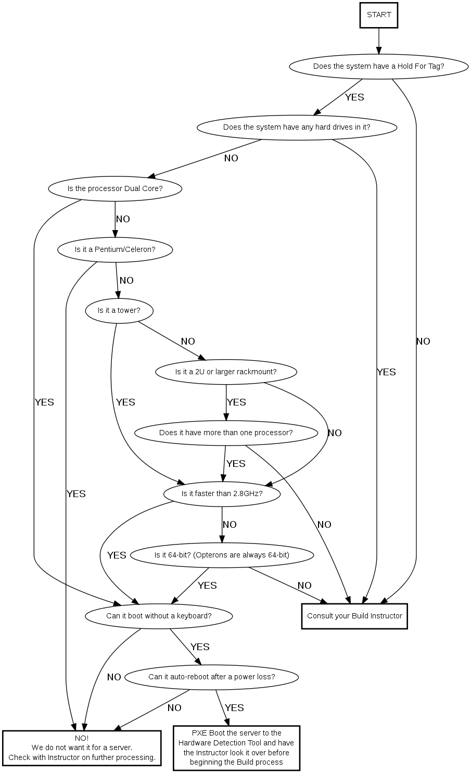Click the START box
coord(379,15)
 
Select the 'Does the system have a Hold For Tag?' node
coord(378,66)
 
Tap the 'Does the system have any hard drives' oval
coord(297,127)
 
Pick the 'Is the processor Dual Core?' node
coord(115,188)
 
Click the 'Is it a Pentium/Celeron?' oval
coord(115,249)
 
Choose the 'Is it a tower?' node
coord(119,311)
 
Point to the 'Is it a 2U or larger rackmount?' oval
coord(226,372)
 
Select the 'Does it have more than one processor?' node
coord(226,433)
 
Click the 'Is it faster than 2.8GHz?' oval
coord(222,493)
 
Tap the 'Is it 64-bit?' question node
coord(222,555)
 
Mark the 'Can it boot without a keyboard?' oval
coord(159,616)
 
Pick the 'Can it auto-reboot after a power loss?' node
coord(212,677)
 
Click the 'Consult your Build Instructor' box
coord(354,616)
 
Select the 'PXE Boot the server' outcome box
coord(236,747)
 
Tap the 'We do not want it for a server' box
coord(82,748)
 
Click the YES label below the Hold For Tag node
coord(354,97)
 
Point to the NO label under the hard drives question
coord(231,158)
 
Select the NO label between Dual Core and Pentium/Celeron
coord(123,219)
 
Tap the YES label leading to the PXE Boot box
coord(234,708)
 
